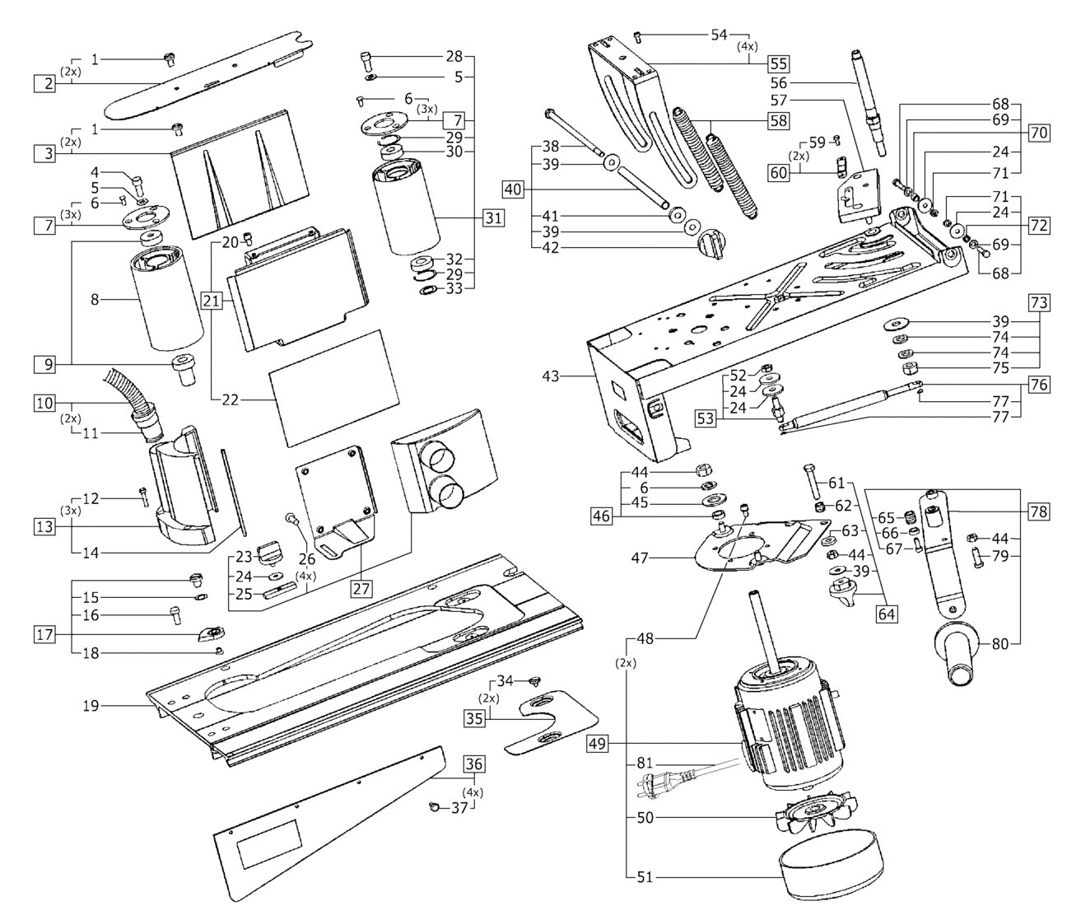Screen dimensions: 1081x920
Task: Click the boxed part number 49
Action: (x=599, y=743)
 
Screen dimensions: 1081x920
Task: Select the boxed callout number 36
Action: (x=474, y=764)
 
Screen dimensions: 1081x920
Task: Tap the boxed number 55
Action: (x=778, y=64)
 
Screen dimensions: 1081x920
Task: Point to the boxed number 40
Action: (x=513, y=189)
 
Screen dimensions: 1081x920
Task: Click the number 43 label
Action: (x=551, y=376)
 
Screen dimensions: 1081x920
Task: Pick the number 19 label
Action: (x=91, y=705)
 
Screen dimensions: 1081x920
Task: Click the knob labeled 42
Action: (x=712, y=245)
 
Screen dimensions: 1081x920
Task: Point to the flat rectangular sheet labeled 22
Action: (x=333, y=388)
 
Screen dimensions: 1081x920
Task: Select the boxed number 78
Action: (x=1039, y=511)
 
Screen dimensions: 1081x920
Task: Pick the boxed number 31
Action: (x=492, y=217)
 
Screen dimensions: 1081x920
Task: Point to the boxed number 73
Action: (x=1039, y=302)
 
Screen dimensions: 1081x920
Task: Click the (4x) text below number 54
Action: (x=747, y=46)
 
